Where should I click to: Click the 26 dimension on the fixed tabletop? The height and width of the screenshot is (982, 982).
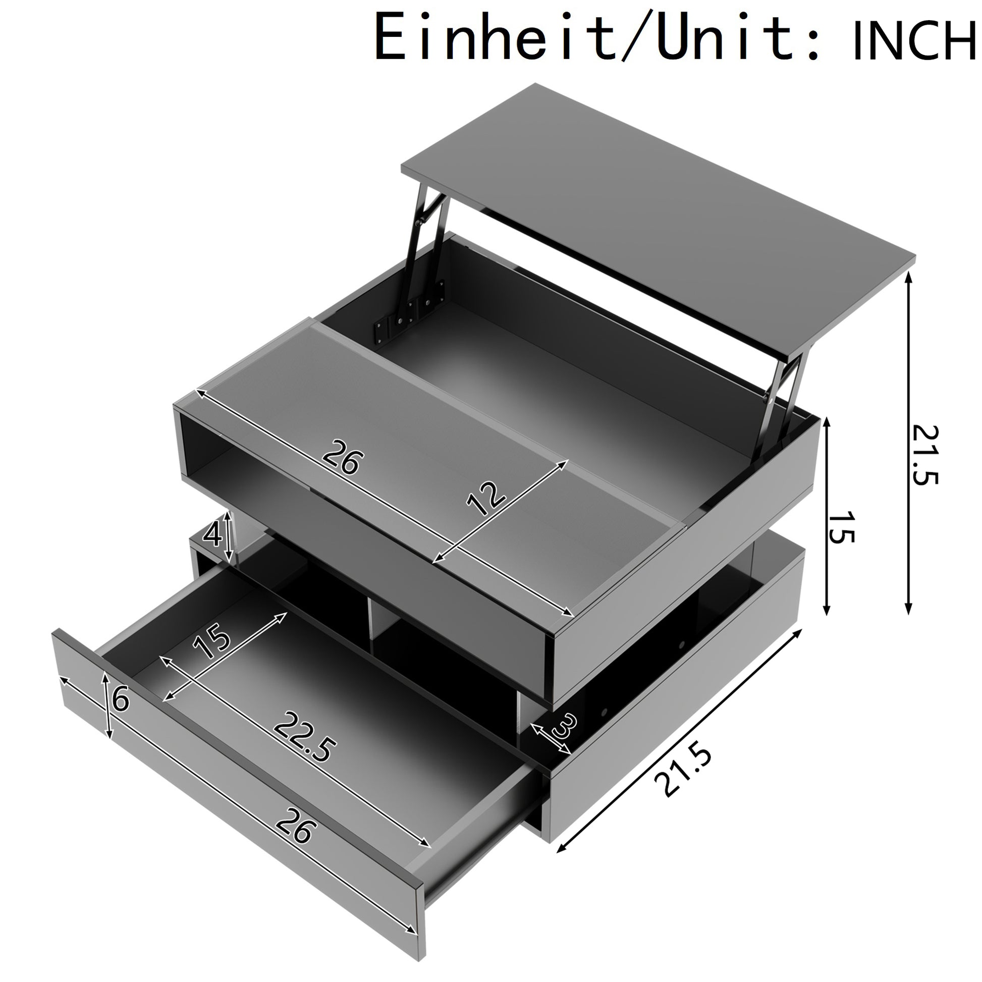click(344, 457)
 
